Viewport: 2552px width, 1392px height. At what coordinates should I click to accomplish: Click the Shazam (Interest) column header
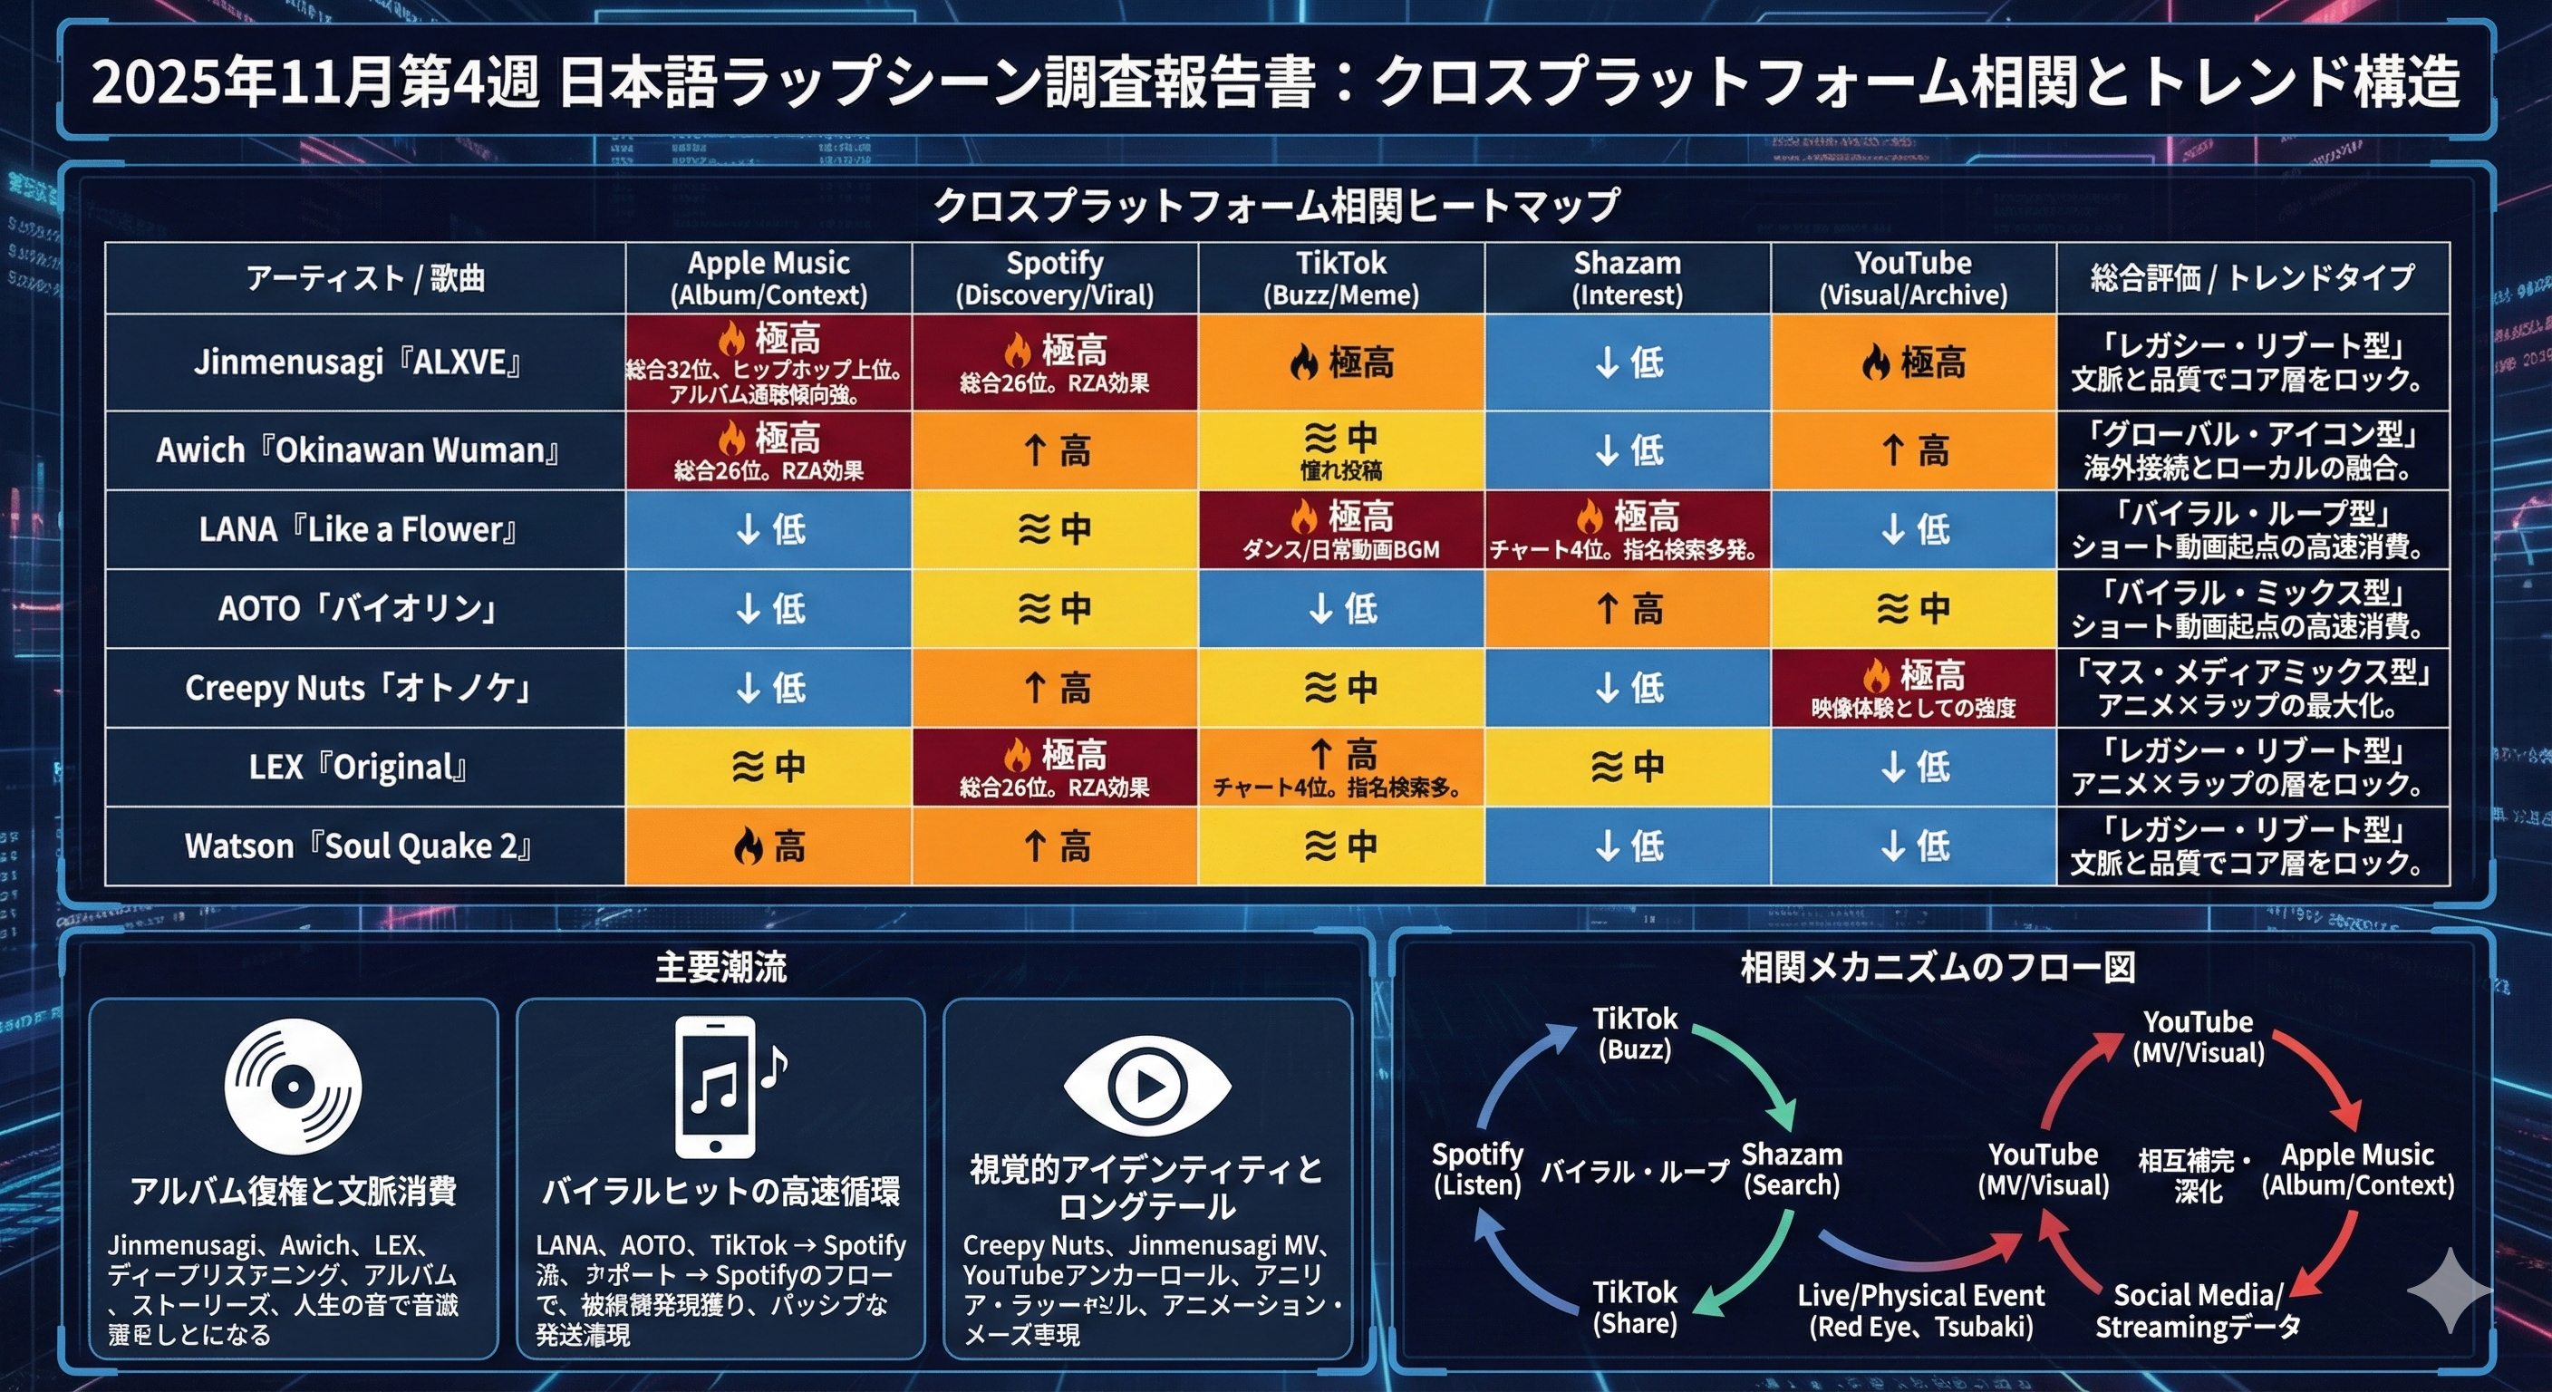pyautogui.click(x=1627, y=278)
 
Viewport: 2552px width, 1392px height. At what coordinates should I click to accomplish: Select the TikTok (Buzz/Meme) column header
pyautogui.click(x=1340, y=278)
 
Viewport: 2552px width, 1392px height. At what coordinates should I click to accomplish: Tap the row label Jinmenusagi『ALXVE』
pyautogui.click(x=363, y=362)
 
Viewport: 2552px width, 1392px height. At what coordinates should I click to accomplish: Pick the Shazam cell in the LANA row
pyautogui.click(x=1627, y=529)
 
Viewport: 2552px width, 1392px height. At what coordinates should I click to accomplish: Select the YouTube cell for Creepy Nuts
pyautogui.click(x=1913, y=688)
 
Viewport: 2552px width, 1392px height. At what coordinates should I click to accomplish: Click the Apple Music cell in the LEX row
pyautogui.click(x=768, y=767)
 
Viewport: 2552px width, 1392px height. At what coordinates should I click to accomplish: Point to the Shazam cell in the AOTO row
pyautogui.click(x=1627, y=608)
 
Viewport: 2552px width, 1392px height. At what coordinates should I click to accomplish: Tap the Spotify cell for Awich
pyautogui.click(x=1054, y=450)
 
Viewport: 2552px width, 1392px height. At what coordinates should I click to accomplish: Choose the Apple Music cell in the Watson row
pyautogui.click(x=768, y=846)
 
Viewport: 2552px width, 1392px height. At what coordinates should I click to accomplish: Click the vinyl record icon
pyautogui.click(x=294, y=1087)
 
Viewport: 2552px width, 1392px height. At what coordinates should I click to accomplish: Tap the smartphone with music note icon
pyautogui.click(x=723, y=1087)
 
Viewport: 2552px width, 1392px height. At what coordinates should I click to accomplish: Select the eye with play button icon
pyautogui.click(x=1147, y=1086)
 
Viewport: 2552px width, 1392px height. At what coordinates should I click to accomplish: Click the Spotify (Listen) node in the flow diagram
pyautogui.click(x=1477, y=1169)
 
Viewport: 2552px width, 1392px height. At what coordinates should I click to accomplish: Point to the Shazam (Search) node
pyautogui.click(x=1791, y=1169)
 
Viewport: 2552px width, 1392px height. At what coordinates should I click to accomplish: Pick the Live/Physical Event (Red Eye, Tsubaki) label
pyautogui.click(x=1920, y=1310)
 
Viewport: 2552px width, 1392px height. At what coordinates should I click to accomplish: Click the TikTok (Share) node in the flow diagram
pyautogui.click(x=1635, y=1307)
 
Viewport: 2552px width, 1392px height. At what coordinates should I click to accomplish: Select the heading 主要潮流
pyautogui.click(x=720, y=968)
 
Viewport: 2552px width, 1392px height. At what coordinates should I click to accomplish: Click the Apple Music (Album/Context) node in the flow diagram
pyautogui.click(x=2357, y=1169)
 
